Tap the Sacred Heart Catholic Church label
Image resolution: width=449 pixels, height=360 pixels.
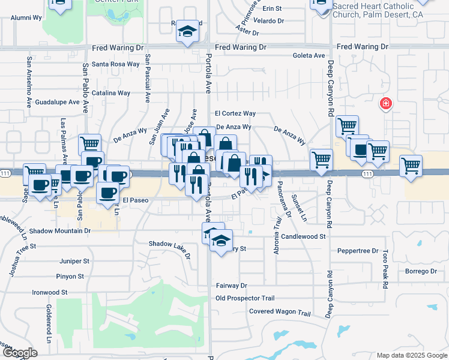(382, 11)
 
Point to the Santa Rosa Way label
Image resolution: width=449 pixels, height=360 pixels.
(116, 64)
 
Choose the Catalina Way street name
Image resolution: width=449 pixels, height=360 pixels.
(111, 93)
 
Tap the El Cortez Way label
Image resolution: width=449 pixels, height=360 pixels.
(235, 113)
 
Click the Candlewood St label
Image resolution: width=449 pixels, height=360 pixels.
(303, 237)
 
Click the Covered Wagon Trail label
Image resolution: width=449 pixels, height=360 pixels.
(280, 313)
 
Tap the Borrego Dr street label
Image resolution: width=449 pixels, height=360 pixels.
(421, 271)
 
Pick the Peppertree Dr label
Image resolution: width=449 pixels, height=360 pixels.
(358, 251)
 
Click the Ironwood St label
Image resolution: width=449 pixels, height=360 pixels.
(50, 292)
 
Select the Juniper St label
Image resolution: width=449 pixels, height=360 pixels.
(74, 262)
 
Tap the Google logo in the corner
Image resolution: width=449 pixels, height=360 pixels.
(20, 353)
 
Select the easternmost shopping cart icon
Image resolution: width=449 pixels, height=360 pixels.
(411, 166)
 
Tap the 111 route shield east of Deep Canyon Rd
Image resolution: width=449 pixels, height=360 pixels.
(366, 173)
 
